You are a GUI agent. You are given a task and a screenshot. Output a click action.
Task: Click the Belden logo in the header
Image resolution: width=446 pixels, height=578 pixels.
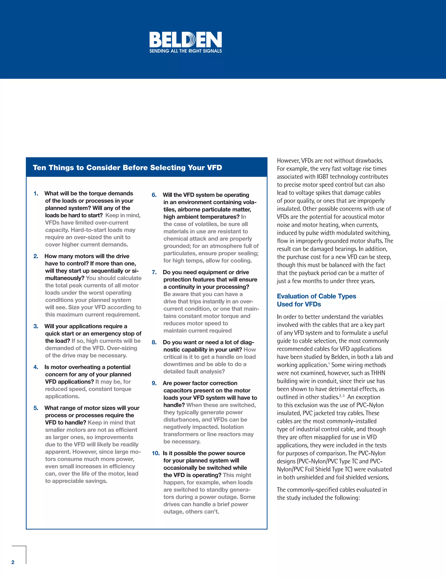click(186, 40)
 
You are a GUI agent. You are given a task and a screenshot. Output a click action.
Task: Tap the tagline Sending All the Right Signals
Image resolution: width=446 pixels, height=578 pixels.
click(186, 51)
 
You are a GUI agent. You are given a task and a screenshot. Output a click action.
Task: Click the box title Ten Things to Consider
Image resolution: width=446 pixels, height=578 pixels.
click(127, 168)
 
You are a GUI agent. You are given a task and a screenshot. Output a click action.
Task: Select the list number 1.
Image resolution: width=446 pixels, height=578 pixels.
click(36, 193)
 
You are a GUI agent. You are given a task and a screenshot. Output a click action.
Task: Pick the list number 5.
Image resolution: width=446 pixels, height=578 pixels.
click(36, 408)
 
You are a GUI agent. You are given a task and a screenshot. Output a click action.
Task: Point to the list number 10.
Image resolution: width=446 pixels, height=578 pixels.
click(156, 453)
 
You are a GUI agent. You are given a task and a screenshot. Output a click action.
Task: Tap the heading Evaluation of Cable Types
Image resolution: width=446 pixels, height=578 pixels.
click(316, 296)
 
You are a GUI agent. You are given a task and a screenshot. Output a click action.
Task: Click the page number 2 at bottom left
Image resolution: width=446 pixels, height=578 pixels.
click(13, 562)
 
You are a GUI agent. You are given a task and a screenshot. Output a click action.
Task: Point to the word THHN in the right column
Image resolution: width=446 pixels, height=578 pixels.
click(378, 373)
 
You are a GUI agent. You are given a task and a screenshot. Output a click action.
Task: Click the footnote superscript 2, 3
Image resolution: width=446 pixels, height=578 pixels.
click(342, 396)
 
